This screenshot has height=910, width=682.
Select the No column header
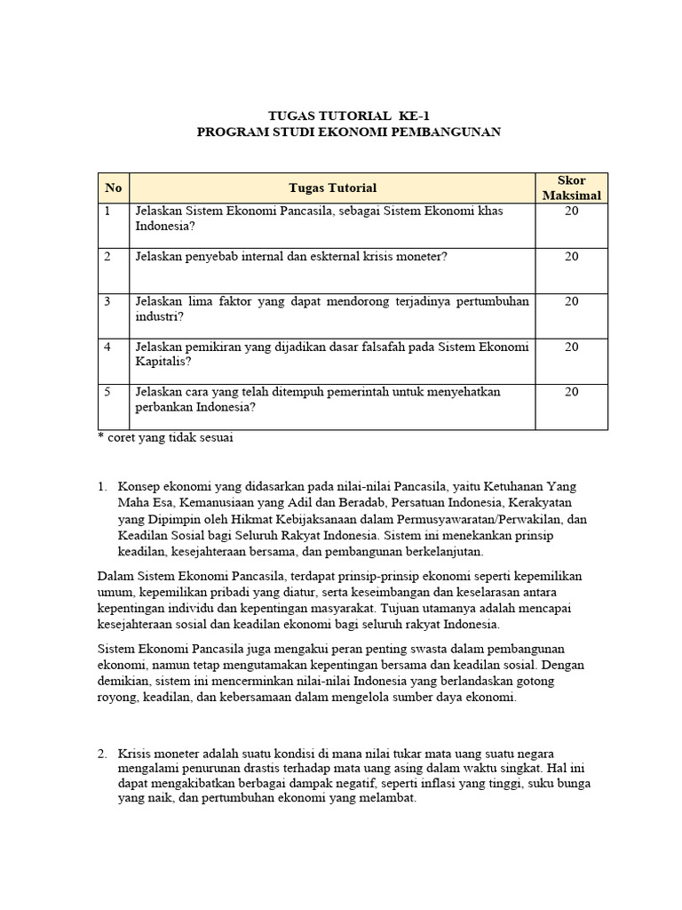point(113,188)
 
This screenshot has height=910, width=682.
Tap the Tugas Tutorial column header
point(332,188)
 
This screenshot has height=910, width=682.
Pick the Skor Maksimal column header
point(571,188)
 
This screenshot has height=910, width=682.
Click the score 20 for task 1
point(571,212)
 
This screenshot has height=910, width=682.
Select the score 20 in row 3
point(571,301)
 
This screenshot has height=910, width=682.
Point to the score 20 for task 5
point(571,391)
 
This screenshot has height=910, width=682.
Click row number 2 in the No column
point(107,256)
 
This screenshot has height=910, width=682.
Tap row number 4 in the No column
point(107,347)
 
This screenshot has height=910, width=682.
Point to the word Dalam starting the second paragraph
point(115,578)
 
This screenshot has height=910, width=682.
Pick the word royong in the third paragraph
point(118,698)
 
